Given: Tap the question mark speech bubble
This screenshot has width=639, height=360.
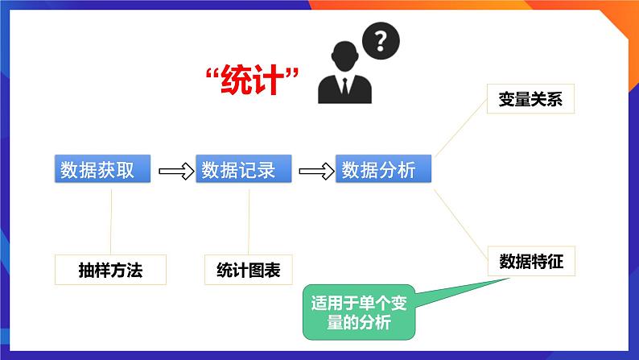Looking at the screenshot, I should (x=381, y=39).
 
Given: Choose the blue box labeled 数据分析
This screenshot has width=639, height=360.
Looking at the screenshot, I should (x=383, y=170).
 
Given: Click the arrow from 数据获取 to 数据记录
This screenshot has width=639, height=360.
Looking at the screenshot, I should (x=176, y=171).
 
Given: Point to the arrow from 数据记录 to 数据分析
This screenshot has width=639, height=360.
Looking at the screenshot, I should (x=315, y=171).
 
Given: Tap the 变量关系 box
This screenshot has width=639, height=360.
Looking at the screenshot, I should (x=530, y=101).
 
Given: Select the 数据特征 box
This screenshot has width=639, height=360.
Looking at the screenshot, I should (x=530, y=262).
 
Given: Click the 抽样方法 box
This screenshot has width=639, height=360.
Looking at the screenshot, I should (x=110, y=270).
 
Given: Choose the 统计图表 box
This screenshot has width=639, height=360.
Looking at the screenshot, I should (x=249, y=270).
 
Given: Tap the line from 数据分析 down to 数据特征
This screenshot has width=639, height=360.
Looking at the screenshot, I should (x=460, y=218).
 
